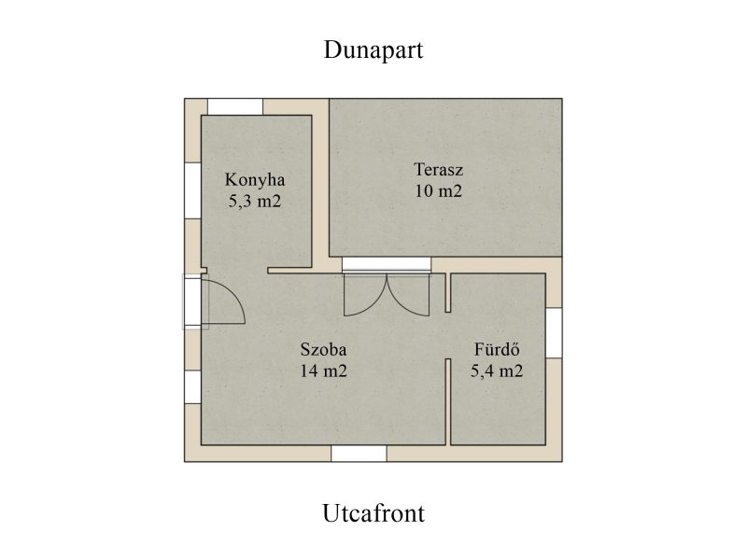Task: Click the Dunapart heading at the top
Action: pos(373,50)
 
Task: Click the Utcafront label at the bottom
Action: pos(373,513)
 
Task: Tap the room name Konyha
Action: pos(255,179)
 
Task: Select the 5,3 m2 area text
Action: pos(255,201)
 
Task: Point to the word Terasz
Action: pos(438,170)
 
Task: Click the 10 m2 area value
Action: pos(438,191)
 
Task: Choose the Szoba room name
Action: pos(323,349)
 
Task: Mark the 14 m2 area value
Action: pos(323,371)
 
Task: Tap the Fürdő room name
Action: pos(497,349)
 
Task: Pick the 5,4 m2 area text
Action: pos(497,371)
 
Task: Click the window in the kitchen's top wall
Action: pos(235,106)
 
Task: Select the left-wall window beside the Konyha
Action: pos(192,191)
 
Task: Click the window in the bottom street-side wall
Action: pos(359,454)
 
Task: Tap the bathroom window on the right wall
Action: pos(554,333)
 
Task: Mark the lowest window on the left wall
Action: pos(192,386)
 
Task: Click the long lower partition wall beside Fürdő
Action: pos(448,402)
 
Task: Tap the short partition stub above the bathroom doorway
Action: pos(448,293)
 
